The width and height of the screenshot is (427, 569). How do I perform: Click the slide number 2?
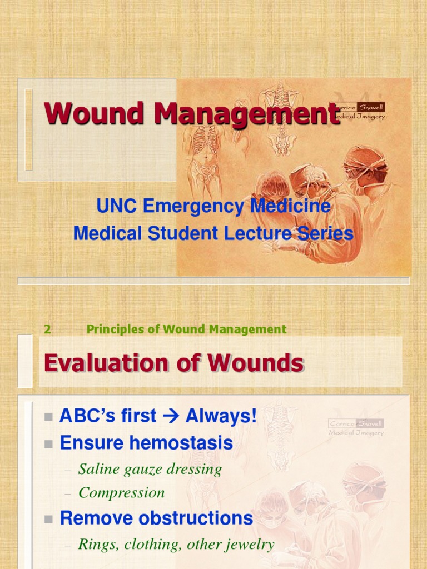pyautogui.click(x=48, y=329)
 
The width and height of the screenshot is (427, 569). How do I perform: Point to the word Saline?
pyautogui.click(x=97, y=469)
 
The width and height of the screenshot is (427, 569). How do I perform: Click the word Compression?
pyautogui.click(x=122, y=492)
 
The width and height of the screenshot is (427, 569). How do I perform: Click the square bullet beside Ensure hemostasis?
pyautogui.click(x=48, y=444)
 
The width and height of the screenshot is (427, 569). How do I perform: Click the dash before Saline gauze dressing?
pyautogui.click(x=68, y=470)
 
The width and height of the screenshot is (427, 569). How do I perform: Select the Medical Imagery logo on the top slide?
pyautogui.click(x=356, y=111)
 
